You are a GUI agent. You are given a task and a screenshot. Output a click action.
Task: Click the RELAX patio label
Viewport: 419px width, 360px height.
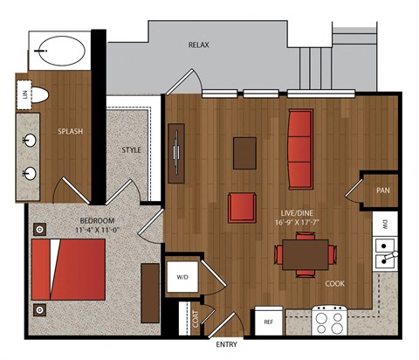click(x=199, y=45)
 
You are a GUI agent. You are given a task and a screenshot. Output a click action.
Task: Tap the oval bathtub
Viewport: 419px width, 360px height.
click(x=62, y=51)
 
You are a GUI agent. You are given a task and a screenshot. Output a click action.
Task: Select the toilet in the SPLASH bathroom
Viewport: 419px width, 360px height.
click(x=39, y=95)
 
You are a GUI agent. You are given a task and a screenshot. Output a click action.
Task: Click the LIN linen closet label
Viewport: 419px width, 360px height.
click(x=24, y=94)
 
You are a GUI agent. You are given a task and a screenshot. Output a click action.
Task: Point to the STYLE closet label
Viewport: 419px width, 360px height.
click(x=131, y=150)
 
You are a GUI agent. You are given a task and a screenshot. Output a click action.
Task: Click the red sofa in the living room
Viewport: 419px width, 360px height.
click(x=300, y=149)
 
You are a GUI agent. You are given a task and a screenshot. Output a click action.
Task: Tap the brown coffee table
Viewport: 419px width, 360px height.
click(x=244, y=153)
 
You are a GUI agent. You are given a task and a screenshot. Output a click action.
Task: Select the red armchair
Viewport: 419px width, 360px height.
click(x=242, y=207)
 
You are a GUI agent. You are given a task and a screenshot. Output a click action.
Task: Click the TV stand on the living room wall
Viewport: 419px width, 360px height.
click(x=176, y=153)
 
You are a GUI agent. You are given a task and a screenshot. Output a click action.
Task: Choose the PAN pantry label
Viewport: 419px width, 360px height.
click(x=383, y=190)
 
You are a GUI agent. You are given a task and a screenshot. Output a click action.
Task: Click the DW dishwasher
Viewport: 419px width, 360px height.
click(x=385, y=224)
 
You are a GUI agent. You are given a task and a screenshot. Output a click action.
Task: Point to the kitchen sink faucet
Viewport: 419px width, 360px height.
click(x=390, y=256)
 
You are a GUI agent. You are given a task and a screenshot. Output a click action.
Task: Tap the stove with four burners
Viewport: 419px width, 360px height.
click(x=329, y=321)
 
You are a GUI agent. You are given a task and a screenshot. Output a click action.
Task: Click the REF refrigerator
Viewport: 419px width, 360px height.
click(x=269, y=321)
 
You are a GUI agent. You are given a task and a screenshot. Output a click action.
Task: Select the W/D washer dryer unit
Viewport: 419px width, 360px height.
click(x=182, y=277)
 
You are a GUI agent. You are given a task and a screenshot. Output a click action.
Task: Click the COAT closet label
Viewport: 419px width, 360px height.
click(x=196, y=319)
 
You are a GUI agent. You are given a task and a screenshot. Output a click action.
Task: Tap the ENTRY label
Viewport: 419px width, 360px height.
click(x=226, y=344)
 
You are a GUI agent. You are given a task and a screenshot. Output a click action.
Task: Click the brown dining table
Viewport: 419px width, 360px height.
click(x=306, y=254)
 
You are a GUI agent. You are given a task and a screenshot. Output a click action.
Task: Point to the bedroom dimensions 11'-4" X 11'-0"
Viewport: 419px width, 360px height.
click(x=98, y=230)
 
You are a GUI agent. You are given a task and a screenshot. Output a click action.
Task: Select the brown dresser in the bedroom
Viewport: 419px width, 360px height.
click(x=150, y=293)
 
